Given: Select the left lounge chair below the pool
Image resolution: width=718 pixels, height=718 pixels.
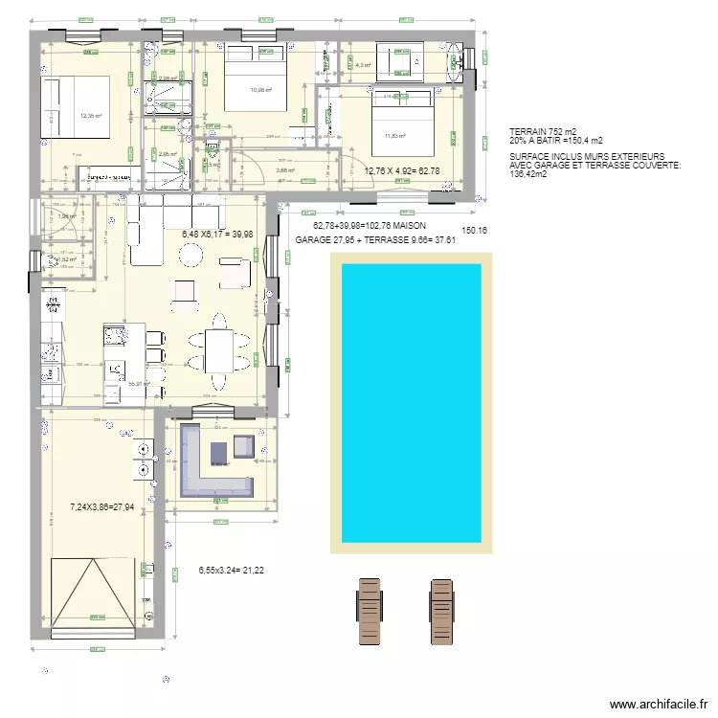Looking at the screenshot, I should [370, 613].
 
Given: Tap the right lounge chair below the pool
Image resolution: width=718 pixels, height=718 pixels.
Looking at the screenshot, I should [441, 613].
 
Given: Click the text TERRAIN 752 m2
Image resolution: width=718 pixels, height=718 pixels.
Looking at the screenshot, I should [543, 131].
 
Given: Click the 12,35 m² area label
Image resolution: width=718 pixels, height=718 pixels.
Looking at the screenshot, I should [91, 117].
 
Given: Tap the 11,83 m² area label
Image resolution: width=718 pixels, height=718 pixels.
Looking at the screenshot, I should [394, 135].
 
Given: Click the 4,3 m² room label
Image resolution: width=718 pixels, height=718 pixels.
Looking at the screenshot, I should [363, 66].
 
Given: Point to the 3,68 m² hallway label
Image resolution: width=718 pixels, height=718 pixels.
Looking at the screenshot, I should [284, 171].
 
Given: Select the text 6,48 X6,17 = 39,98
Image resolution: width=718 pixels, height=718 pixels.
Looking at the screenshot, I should [218, 233].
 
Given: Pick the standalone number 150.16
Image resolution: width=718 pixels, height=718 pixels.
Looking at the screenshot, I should [475, 231].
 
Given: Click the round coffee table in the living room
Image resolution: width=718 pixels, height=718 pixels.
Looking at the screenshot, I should [191, 255].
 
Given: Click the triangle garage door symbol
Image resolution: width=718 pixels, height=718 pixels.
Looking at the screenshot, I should [92, 592].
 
